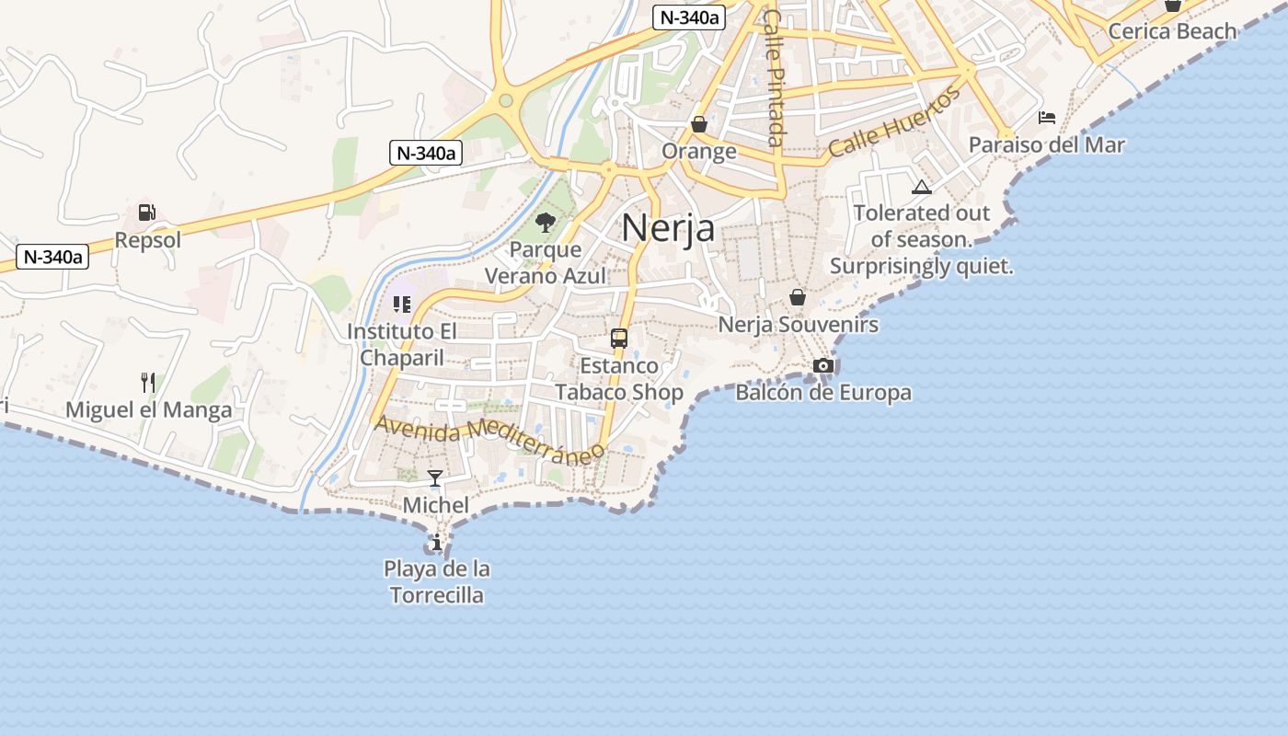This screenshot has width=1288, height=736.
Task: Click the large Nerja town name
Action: coord(668,227)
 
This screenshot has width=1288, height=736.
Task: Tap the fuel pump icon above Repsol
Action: coord(146,213)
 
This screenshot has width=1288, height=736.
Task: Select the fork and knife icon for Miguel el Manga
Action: coord(147,382)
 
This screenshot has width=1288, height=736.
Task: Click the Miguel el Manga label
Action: coord(149,410)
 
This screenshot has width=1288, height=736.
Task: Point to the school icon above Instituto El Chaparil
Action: coord(402,305)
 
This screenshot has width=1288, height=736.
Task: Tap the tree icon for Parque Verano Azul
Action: coord(546,222)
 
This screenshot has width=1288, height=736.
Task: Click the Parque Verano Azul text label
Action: coord(546,262)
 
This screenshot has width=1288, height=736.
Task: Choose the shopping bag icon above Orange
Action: coord(699,124)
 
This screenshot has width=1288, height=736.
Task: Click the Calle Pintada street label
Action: coord(776,78)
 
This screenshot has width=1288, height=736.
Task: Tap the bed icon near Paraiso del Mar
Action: coord(1047,118)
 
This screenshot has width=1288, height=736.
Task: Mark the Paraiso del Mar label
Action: coord(1047,145)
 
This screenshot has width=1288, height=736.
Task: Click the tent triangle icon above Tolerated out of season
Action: coord(922,188)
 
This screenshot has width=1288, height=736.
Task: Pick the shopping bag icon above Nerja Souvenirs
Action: coord(798,297)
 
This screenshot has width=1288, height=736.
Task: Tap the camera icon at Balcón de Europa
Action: coord(823,366)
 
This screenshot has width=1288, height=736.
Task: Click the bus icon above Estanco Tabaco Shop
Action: coord(619,339)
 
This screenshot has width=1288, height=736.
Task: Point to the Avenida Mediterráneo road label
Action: coord(490,437)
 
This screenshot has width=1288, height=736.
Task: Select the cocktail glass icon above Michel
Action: coord(435,478)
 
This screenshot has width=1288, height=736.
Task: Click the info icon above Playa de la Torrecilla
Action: coord(437,543)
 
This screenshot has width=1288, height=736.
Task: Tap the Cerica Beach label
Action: coord(1172,31)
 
